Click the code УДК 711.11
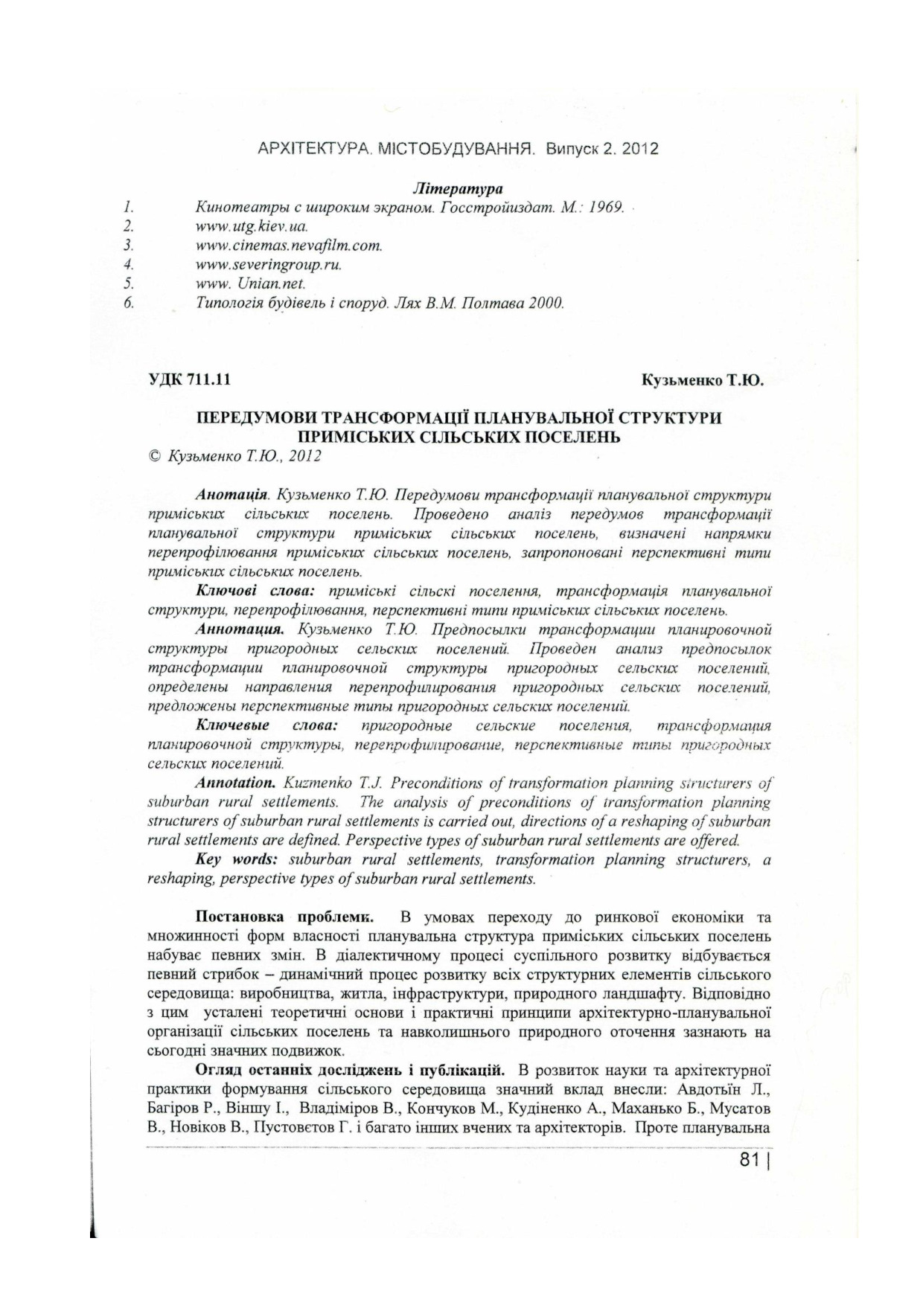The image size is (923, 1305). click(x=190, y=381)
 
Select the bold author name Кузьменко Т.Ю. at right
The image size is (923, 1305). click(x=703, y=381)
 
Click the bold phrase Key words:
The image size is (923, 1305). click(x=236, y=860)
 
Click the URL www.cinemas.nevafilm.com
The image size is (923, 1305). click(x=289, y=245)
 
